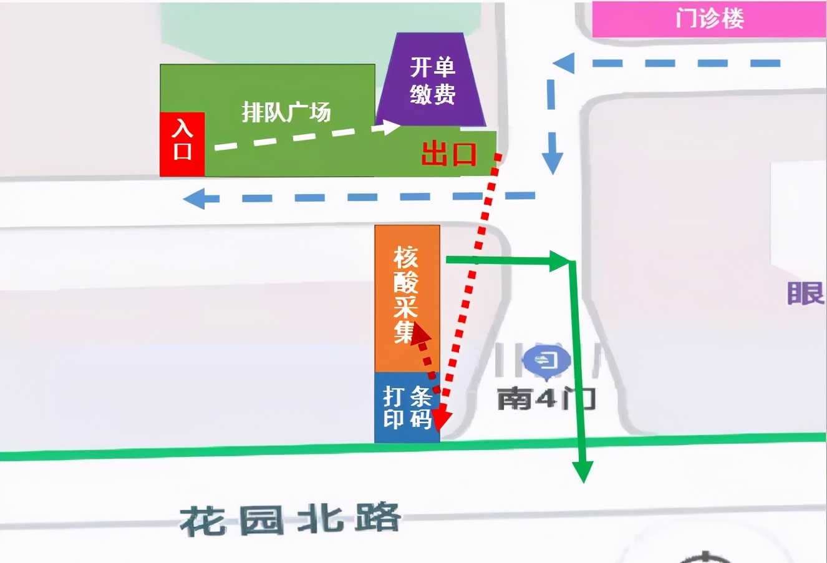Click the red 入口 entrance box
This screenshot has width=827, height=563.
click(x=182, y=144)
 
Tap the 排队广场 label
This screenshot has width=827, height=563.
click(x=286, y=112)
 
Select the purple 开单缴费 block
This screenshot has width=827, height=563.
click(x=432, y=81)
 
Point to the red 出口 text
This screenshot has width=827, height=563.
click(x=448, y=154)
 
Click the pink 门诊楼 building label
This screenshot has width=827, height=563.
click(x=709, y=19)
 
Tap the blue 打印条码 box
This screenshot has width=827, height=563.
click(x=407, y=407)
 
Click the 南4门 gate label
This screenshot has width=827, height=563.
click(x=546, y=398)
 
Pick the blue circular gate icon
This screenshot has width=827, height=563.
click(x=546, y=361)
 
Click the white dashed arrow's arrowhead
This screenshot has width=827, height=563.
click(x=392, y=127)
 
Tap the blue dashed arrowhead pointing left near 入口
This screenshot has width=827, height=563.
click(x=193, y=199)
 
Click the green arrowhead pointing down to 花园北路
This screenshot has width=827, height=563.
click(x=584, y=471)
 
